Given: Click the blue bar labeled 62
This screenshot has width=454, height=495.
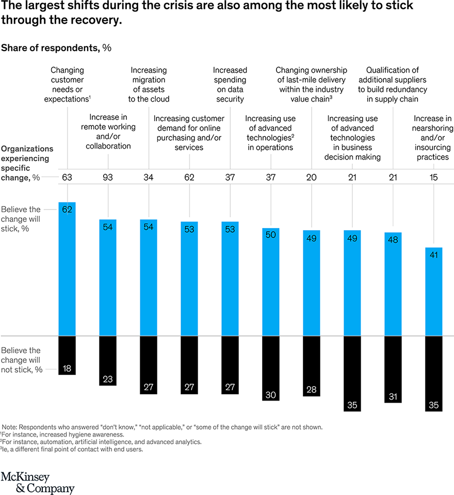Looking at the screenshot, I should (67, 268).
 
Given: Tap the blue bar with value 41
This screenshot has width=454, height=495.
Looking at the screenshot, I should (433, 292).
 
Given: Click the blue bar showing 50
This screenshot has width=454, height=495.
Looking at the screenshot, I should (271, 282).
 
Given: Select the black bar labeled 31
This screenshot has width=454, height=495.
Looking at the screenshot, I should (393, 369).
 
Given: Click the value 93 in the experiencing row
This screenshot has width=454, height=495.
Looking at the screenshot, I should (108, 178).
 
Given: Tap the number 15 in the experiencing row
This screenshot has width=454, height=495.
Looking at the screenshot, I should (433, 178).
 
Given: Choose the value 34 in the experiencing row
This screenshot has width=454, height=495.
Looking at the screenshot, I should (149, 178).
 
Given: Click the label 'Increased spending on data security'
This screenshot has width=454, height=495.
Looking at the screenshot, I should (230, 84).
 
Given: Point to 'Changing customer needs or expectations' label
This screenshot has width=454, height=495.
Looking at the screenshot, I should (68, 84).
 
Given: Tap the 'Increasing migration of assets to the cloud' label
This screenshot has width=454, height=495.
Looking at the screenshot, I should (149, 84).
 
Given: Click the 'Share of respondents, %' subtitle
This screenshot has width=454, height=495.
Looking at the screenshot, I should (56, 48).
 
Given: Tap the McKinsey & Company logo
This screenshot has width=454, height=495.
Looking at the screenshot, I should (37, 482).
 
